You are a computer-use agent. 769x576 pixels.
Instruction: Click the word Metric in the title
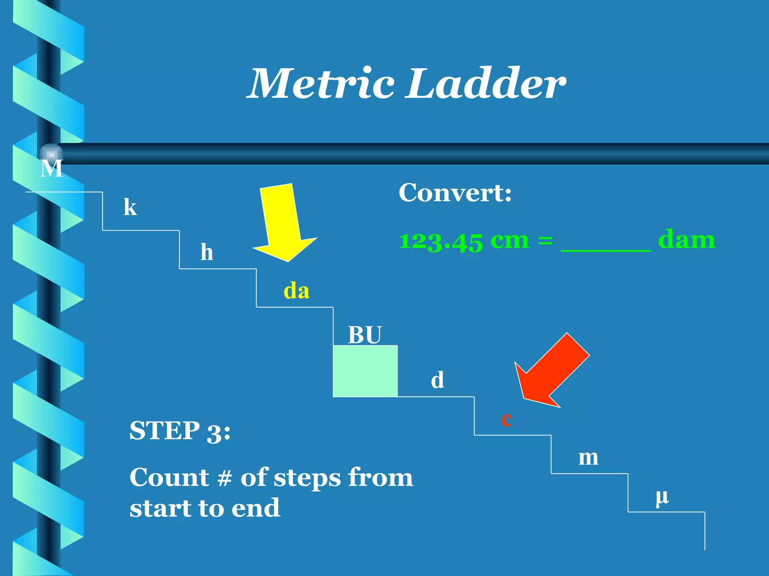[322, 84]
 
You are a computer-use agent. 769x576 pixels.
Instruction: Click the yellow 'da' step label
[296, 291]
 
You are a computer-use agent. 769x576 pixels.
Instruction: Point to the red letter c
[507, 419]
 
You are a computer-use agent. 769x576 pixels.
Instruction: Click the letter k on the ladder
[130, 207]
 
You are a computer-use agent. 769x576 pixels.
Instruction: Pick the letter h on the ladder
[207, 252]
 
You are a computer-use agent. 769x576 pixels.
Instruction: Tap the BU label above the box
[364, 335]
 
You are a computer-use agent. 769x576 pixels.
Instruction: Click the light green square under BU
[365, 371]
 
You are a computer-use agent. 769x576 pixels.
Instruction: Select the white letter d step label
[437, 380]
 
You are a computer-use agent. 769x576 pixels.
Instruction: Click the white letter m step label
[588, 458]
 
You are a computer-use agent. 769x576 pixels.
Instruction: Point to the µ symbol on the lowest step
[662, 498]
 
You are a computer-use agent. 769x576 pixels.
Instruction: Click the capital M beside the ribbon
[51, 168]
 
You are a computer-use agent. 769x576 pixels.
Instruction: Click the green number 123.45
[441, 241]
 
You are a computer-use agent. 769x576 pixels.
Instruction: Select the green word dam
[686, 240]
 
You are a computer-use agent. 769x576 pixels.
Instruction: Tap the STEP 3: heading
[180, 431]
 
